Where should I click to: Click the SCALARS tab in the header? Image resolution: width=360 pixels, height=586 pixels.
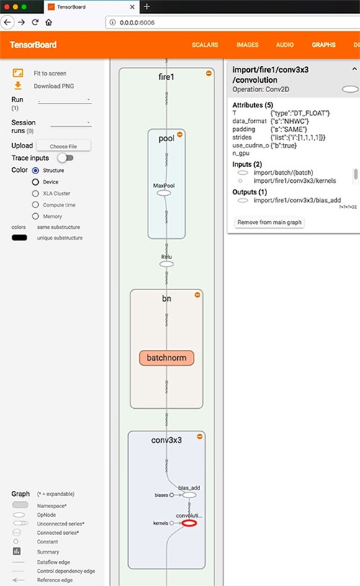pyautogui.click(x=205, y=45)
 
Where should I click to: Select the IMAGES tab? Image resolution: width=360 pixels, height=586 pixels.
pyautogui.click(x=248, y=45)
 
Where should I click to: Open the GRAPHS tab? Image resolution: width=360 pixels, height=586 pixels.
pyautogui.click(x=323, y=45)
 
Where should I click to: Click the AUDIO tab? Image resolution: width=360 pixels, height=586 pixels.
pyautogui.click(x=285, y=45)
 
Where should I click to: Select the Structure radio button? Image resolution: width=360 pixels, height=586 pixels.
pyautogui.click(x=35, y=170)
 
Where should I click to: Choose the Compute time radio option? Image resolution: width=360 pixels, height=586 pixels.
pyautogui.click(x=35, y=204)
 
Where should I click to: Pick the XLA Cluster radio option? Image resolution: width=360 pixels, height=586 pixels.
pyautogui.click(x=35, y=193)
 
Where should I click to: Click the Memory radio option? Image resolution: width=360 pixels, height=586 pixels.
pyautogui.click(x=35, y=216)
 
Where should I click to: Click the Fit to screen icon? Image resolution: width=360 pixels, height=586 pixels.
pyautogui.click(x=18, y=73)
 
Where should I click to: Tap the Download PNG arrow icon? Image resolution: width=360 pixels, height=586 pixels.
pyautogui.click(x=18, y=86)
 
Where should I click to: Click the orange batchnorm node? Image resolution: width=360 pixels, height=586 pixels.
pyautogui.click(x=166, y=358)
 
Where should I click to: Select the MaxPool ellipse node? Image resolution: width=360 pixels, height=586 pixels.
pyautogui.click(x=163, y=193)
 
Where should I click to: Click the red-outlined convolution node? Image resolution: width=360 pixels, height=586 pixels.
pyautogui.click(x=189, y=523)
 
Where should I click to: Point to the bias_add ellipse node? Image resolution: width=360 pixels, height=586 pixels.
pyautogui.click(x=189, y=495)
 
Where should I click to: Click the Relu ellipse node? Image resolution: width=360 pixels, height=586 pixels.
pyautogui.click(x=166, y=263)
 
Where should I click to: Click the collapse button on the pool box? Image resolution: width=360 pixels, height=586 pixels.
pyautogui.click(x=180, y=134)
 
